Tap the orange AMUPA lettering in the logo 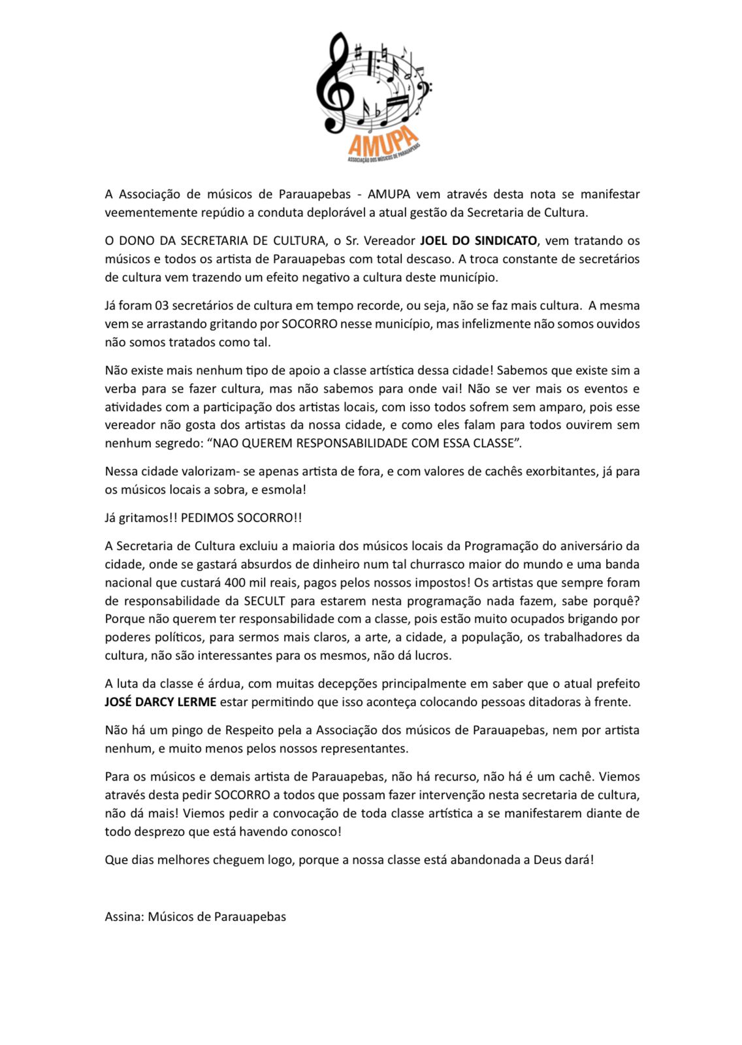[383, 141]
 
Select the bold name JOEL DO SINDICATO [478, 240]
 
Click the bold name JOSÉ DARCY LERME [160, 702]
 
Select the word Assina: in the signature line [124, 916]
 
